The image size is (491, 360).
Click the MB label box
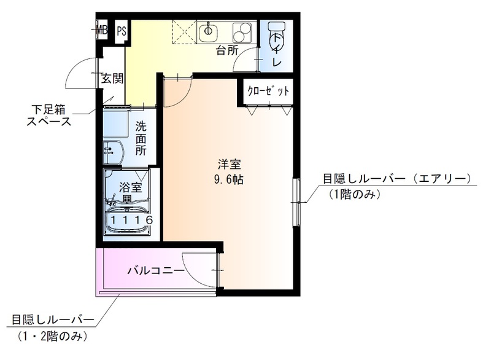coord(101,30)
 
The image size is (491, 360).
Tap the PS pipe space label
coord(121,30)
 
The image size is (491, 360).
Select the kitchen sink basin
coord(210,31)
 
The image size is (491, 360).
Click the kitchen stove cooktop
coord(242,31)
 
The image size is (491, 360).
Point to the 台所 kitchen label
coord(226,51)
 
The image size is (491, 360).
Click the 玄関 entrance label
coord(112,79)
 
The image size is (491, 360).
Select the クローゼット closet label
coord(268,92)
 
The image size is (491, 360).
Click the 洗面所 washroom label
coord(141,138)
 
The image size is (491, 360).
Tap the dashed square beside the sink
coord(183,30)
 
